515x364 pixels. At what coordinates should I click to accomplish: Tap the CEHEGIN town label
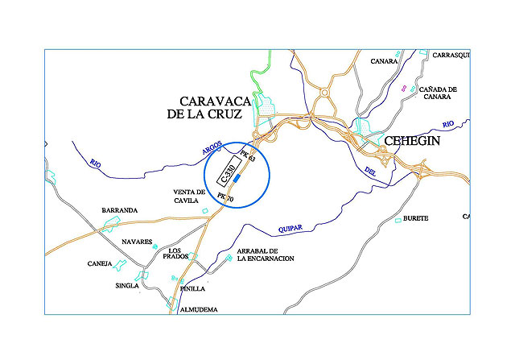pyautogui.click(x=413, y=141)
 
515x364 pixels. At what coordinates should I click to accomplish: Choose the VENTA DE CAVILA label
pyautogui.click(x=190, y=196)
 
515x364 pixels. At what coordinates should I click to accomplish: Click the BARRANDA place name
pyautogui.click(x=119, y=210)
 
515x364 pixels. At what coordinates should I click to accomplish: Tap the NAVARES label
pyautogui.click(x=137, y=241)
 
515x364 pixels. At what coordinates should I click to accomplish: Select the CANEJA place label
pyautogui.click(x=101, y=263)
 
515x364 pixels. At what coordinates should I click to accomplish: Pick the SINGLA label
pyautogui.click(x=127, y=285)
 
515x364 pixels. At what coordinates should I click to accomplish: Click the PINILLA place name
pyautogui.click(x=193, y=287)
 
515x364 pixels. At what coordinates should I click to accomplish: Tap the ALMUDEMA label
pyautogui.click(x=199, y=308)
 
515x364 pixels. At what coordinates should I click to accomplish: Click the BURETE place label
pyautogui.click(x=415, y=218)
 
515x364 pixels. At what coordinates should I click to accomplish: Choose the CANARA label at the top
pyautogui.click(x=385, y=60)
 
